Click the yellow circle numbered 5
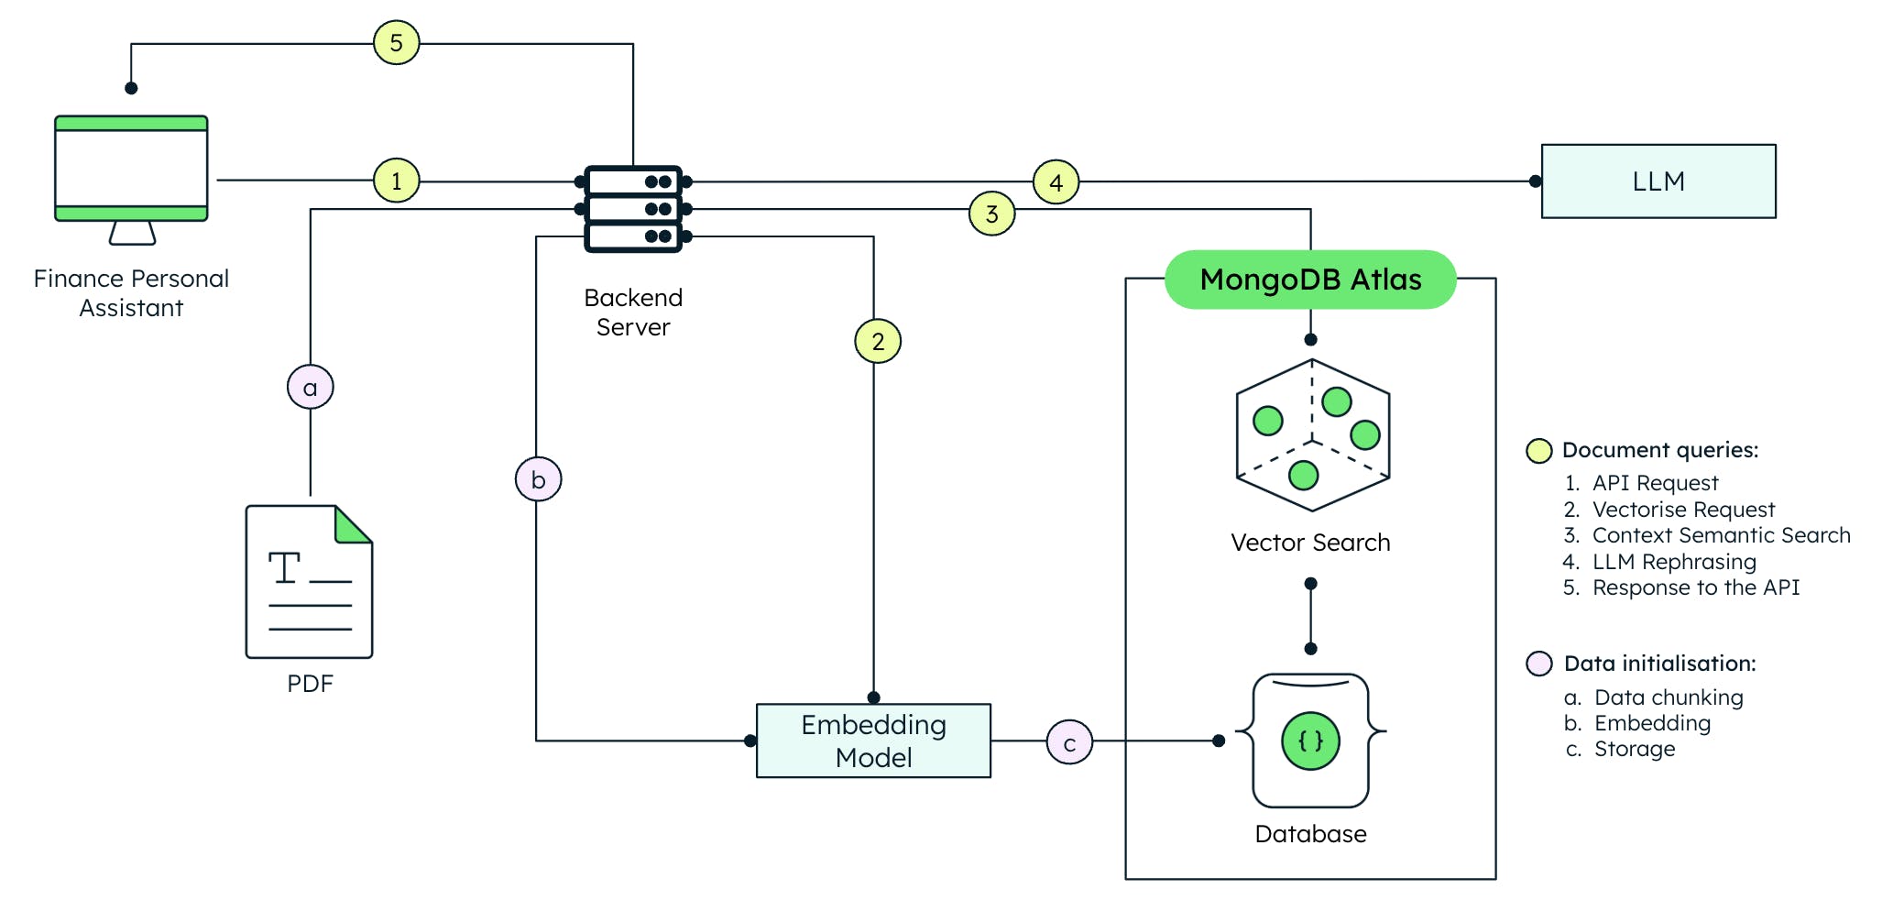tap(396, 43)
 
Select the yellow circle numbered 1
tap(396, 181)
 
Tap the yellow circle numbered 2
tap(877, 342)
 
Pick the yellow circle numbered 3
tap(991, 214)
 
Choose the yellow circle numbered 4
tap(1056, 182)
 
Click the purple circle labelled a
tap(310, 388)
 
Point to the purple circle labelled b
tap(538, 479)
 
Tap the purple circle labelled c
tap(1069, 742)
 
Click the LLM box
tap(1658, 181)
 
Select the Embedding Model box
tap(873, 741)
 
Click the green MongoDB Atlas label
tap(1309, 280)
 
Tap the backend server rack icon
tap(633, 209)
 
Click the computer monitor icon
tap(131, 170)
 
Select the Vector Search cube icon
tap(1312, 435)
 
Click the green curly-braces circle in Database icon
tap(1310, 741)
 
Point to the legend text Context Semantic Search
tap(1721, 535)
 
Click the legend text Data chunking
tap(1668, 697)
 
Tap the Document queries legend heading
tap(1659, 450)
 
